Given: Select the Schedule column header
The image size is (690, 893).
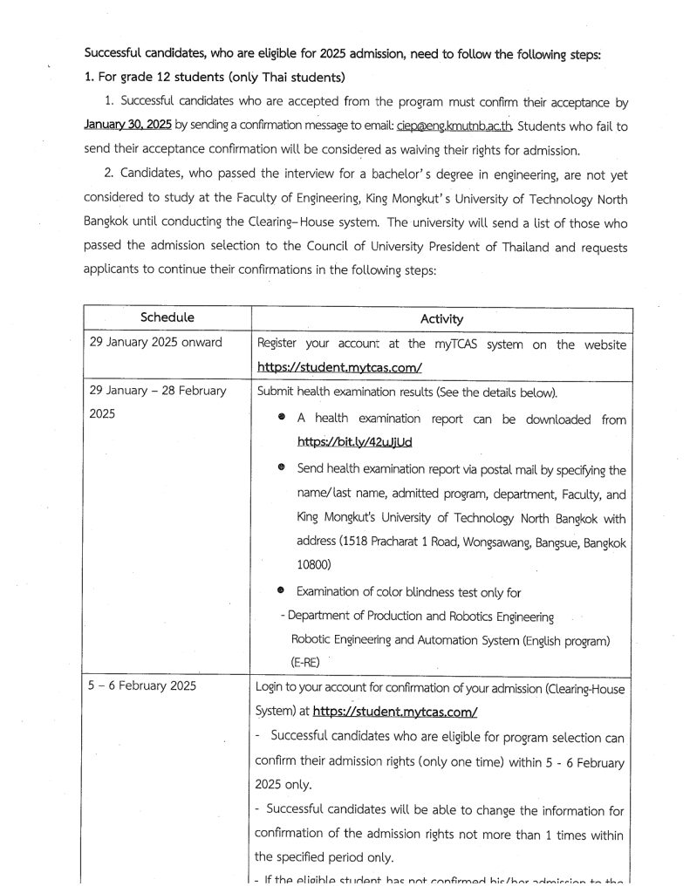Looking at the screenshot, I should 167,318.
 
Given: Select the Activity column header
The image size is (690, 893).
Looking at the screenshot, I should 441,319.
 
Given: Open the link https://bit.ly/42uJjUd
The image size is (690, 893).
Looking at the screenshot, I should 354,442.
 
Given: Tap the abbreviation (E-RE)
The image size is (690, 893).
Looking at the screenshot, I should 309,662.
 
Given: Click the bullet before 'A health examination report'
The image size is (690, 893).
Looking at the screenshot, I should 281,419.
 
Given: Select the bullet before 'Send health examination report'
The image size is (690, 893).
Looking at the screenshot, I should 281,468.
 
